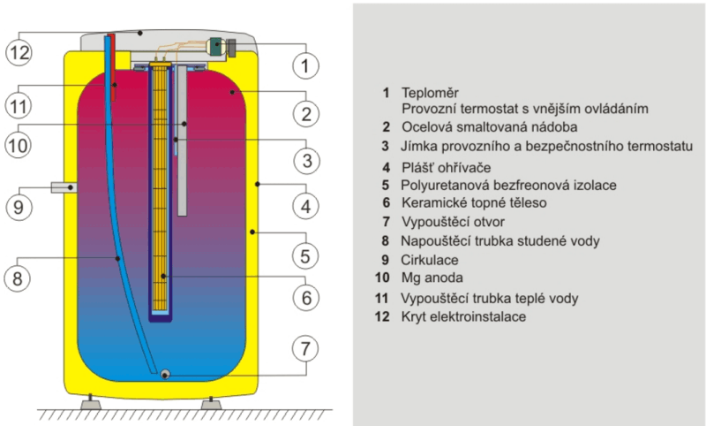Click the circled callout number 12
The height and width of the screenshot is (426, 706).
pyautogui.click(x=19, y=52)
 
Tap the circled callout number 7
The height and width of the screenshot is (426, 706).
pyautogui.click(x=305, y=348)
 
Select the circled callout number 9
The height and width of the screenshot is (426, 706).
pyautogui.click(x=19, y=207)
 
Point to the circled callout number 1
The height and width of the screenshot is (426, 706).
pyautogui.click(x=305, y=65)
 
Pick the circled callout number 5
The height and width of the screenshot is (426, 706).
pyautogui.click(x=305, y=256)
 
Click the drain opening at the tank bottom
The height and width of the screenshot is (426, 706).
pyautogui.click(x=166, y=374)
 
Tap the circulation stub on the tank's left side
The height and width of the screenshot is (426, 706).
pyautogui.click(x=64, y=187)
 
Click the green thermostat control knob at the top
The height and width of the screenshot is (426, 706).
pyautogui.click(x=217, y=47)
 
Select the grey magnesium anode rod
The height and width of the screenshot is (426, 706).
pyautogui.click(x=182, y=141)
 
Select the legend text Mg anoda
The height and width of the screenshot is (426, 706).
pyautogui.click(x=432, y=278)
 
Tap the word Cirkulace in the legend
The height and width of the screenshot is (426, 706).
pyautogui.click(x=430, y=260)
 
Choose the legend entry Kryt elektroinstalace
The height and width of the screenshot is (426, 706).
pyautogui.click(x=463, y=316)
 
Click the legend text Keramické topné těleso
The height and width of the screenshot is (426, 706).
pyautogui.click(x=474, y=203)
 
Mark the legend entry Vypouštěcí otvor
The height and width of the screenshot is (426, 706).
pyautogui.click(x=453, y=222)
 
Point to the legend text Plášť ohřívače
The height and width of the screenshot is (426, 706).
pyautogui.click(x=447, y=168)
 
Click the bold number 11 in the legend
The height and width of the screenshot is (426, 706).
pyautogui.click(x=382, y=298)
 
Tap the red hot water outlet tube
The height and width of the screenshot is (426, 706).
pyautogui.click(x=114, y=68)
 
